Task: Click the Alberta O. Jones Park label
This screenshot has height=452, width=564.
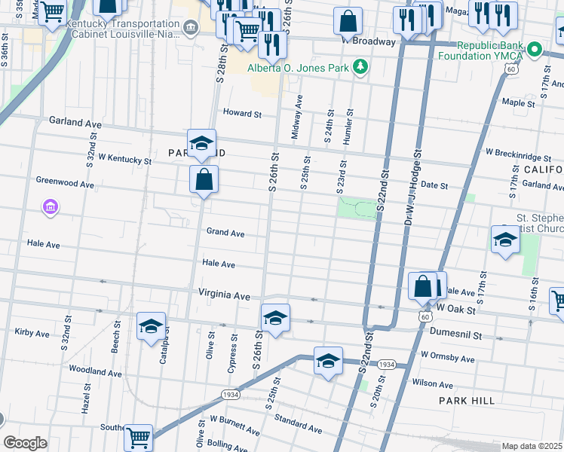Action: [299, 66]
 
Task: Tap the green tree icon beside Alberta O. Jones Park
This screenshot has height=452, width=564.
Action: [361, 66]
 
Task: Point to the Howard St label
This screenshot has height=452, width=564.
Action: [241, 114]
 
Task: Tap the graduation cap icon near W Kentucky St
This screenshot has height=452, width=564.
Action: [201, 144]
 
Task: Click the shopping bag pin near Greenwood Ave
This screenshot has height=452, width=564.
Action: [204, 180]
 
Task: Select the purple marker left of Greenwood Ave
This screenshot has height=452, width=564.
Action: [51, 206]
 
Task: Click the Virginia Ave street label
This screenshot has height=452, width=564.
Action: [224, 296]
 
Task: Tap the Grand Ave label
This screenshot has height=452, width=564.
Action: [225, 234]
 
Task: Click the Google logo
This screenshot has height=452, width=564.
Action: [25, 443]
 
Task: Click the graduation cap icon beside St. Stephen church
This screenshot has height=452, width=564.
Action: [504, 240]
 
